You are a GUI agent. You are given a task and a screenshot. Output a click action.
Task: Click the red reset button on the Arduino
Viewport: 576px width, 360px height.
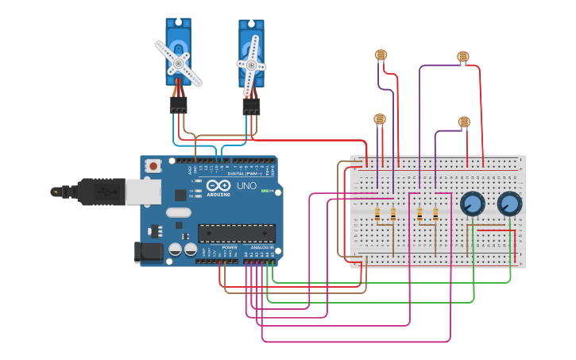tap(153, 166)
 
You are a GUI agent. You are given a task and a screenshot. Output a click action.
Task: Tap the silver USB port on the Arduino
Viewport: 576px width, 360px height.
tap(143, 192)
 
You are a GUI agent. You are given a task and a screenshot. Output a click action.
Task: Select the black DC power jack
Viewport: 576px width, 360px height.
tap(149, 252)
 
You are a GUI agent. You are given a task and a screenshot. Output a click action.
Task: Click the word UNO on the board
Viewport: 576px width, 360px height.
tap(245, 186)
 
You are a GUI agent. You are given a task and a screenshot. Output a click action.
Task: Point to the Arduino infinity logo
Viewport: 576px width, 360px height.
tap(218, 186)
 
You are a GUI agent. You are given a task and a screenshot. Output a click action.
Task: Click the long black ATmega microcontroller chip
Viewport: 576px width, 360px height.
tap(237, 233)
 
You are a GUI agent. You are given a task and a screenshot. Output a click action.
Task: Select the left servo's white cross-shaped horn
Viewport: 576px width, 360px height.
tap(178, 63)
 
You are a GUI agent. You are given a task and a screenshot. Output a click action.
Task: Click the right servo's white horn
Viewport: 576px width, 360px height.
tap(252, 64)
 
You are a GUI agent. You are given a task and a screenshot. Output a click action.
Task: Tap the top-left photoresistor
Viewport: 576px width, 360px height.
tap(381, 55)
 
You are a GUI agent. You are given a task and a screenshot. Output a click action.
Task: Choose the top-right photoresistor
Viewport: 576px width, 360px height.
tap(463, 56)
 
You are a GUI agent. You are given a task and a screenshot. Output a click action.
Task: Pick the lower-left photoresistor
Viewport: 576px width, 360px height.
tap(380, 119)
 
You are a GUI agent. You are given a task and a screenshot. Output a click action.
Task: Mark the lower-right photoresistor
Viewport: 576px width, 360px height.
tap(464, 122)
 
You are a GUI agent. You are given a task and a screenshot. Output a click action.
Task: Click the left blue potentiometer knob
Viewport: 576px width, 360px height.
tap(472, 204)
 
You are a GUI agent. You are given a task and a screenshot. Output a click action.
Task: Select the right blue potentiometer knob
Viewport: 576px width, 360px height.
tap(509, 204)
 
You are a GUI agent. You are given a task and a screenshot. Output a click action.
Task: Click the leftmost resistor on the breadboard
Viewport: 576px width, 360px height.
tap(377, 213)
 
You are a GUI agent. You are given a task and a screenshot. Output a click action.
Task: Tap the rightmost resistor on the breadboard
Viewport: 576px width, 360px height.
tap(435, 213)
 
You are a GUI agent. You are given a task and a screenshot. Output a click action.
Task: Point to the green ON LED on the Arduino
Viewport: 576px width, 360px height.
tap(267, 191)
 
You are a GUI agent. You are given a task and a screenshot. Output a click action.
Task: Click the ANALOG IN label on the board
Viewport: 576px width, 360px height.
tap(261, 248)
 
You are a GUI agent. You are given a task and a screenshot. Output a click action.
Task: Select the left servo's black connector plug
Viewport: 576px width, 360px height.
tap(178, 105)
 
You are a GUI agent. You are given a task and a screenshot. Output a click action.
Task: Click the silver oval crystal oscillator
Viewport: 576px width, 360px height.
tap(179, 212)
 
